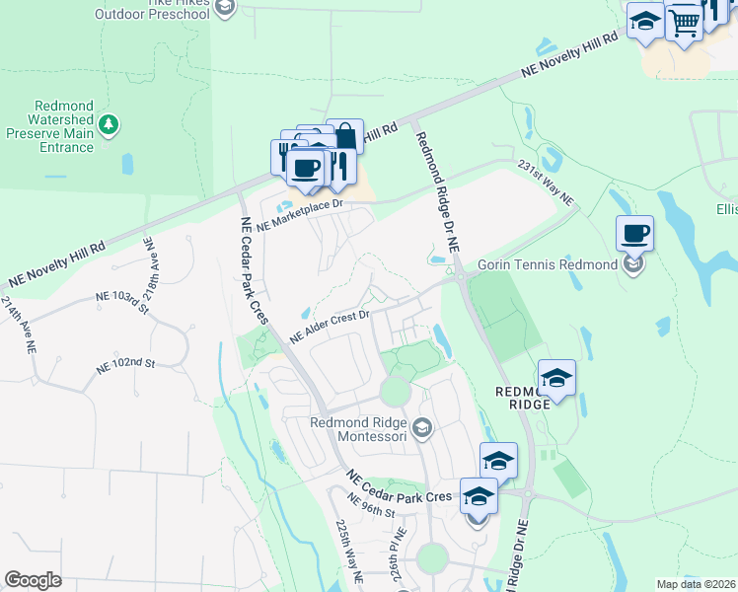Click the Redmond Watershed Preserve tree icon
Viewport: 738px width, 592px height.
point(110,124)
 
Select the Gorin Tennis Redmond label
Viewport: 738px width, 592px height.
point(547,264)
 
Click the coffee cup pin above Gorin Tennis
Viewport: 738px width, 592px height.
point(634,235)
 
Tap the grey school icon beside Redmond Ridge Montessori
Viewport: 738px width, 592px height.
point(422,427)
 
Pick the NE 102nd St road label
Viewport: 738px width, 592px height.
point(125,364)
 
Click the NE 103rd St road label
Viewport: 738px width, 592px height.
point(121,299)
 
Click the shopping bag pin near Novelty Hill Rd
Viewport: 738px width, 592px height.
point(344,138)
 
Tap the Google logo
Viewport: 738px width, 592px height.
point(33,580)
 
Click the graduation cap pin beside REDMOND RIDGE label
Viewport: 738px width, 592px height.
point(556,379)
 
